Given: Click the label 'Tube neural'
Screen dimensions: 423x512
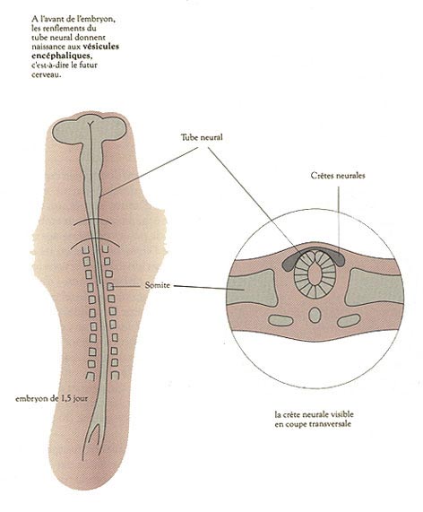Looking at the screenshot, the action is pyautogui.click(x=202, y=137).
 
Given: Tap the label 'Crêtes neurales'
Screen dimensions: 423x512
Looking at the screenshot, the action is pyautogui.click(x=338, y=176).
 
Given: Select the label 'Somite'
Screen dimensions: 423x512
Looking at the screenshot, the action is pyautogui.click(x=158, y=285).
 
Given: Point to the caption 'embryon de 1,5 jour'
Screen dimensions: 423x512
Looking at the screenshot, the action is pyautogui.click(x=51, y=398).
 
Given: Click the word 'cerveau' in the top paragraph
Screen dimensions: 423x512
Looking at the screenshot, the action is pyautogui.click(x=46, y=74).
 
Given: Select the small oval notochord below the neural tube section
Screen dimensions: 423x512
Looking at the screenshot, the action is pyautogui.click(x=315, y=315).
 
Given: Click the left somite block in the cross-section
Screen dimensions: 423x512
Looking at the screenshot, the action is pyautogui.click(x=251, y=288).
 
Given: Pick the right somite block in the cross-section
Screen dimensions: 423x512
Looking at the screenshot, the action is pyautogui.click(x=376, y=288).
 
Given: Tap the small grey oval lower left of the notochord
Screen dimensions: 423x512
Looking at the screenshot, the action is pyautogui.click(x=281, y=320).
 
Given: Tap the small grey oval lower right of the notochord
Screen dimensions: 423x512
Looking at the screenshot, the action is pyautogui.click(x=349, y=321).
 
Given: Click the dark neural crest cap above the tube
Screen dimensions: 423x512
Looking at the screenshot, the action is pyautogui.click(x=315, y=254).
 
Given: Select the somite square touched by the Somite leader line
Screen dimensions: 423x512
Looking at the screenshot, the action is pyautogui.click(x=110, y=287).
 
